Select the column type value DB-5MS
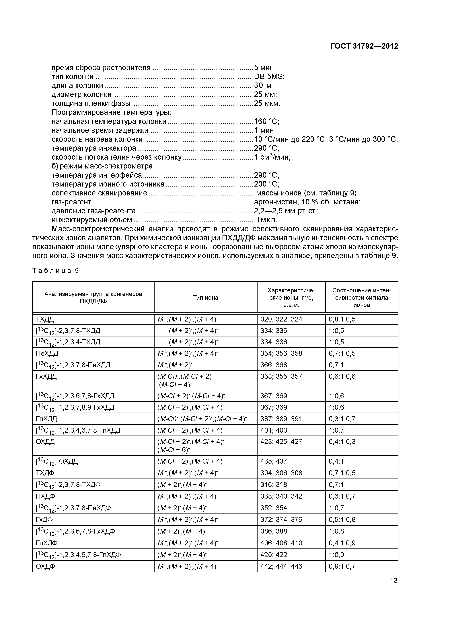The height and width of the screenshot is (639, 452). [269, 77]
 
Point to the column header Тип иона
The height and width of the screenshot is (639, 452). [206, 297]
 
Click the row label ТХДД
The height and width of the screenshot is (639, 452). [44, 319]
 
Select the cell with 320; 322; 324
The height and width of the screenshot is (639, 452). [281, 319]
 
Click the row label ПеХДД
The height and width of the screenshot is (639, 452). [47, 353]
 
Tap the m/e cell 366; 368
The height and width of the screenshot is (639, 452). [274, 365]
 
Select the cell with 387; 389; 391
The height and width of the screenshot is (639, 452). [281, 419]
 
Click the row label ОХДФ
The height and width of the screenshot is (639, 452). [45, 566]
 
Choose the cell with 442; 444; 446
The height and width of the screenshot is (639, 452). [281, 566]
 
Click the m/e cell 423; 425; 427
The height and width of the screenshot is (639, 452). [281, 442]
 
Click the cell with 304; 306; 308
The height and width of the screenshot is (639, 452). [281, 473]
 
